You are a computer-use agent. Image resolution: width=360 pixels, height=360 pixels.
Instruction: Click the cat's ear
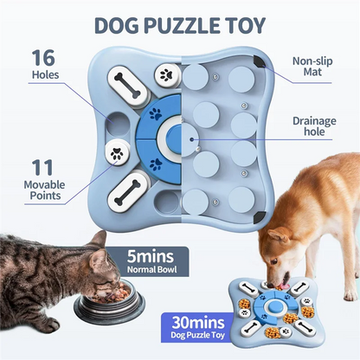tap(97, 240)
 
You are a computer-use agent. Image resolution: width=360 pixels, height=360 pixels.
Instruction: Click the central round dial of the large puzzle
tap(182, 136)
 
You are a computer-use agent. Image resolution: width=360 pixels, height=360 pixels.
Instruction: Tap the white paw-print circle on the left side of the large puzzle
tap(115, 155)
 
